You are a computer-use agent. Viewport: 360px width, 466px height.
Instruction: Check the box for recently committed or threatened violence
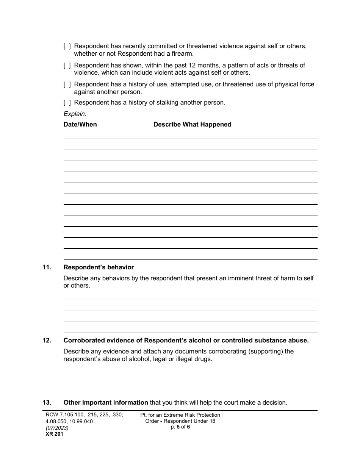point(67,46)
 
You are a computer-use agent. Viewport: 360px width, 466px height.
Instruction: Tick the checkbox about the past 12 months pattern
point(67,66)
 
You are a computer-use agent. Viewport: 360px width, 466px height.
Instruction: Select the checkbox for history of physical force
point(67,84)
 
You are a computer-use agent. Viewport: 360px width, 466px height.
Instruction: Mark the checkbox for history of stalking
point(67,103)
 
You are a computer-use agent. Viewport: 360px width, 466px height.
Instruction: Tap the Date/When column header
point(80,125)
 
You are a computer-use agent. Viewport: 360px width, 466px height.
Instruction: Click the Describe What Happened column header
point(192,125)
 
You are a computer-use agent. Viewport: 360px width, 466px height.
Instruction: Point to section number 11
point(47,267)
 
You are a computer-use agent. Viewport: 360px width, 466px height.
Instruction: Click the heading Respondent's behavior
point(99,267)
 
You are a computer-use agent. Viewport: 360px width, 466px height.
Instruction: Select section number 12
point(47,341)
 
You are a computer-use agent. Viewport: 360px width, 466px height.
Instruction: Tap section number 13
point(46,403)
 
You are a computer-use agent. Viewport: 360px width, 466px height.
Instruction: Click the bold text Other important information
point(106,403)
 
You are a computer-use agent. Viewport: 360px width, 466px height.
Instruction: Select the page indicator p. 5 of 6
point(180,427)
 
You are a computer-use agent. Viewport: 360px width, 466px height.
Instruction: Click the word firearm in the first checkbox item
point(181,54)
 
